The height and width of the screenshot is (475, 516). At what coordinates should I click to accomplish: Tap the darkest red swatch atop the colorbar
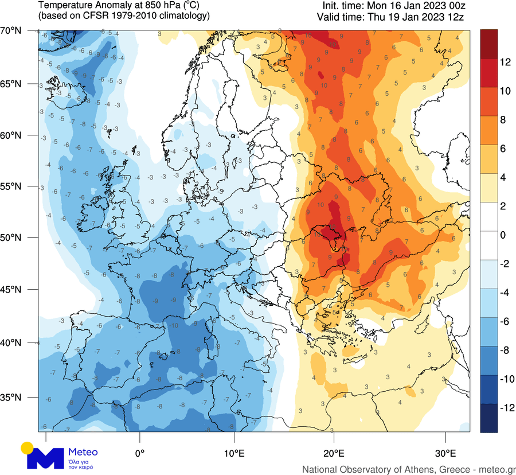(x=488, y=43)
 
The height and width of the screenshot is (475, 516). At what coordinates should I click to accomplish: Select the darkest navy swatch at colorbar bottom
(x=488, y=418)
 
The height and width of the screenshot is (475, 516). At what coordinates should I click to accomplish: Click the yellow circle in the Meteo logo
(x=26, y=447)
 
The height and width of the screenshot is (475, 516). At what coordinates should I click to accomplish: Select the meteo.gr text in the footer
(x=497, y=469)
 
